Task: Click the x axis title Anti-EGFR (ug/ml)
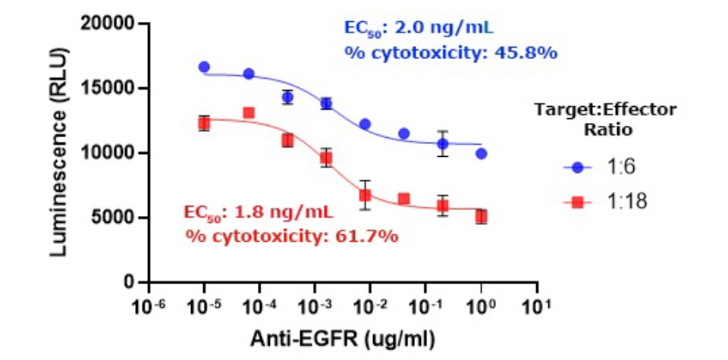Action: pos(344,336)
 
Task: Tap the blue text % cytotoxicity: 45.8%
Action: pos(451,54)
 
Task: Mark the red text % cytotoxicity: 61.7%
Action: pos(292,236)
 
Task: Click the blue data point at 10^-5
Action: pos(204,67)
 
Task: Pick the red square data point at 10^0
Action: pos(482,217)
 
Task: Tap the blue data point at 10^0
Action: pos(482,153)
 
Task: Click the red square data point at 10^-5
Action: pos(204,123)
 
